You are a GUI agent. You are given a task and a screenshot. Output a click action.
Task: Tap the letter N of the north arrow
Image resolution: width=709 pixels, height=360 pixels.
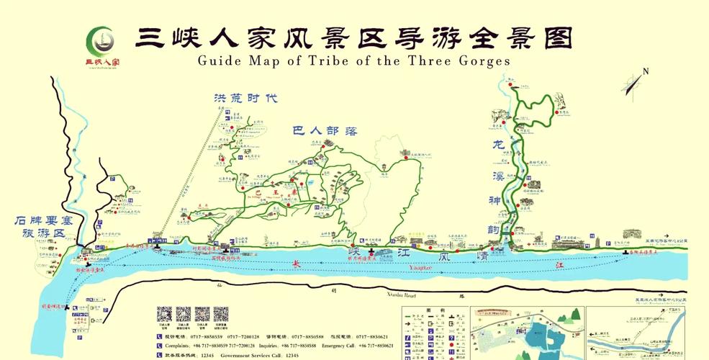[646, 71]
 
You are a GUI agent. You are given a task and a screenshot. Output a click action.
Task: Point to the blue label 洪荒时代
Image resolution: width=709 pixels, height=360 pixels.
[245, 99]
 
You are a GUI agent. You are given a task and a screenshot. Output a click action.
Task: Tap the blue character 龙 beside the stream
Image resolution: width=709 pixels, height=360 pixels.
[496, 143]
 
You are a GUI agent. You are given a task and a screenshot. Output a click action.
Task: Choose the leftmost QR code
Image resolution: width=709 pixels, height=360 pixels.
[165, 315]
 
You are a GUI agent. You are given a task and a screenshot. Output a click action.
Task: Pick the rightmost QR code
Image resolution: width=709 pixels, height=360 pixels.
[220, 315]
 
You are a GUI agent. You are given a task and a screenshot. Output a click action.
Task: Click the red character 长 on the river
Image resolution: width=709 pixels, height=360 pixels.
[297, 265]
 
